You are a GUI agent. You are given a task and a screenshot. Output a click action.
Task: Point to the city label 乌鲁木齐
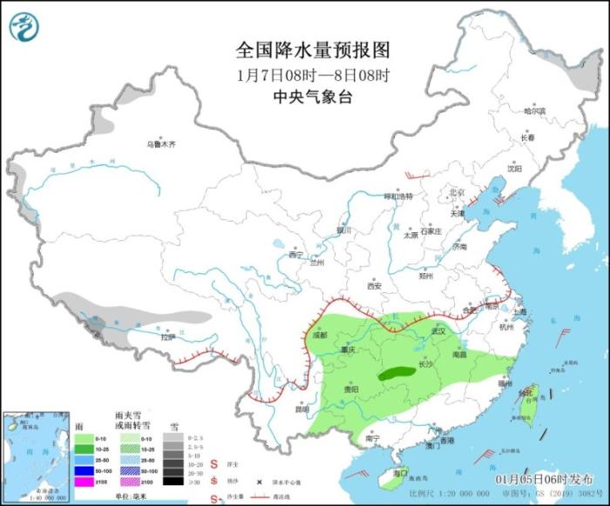coord(161,144)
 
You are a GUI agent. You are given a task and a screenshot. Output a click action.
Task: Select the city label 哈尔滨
coord(533,112)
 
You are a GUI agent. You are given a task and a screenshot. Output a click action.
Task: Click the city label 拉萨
coord(168,337)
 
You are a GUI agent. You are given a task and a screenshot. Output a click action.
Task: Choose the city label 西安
coord(374,285)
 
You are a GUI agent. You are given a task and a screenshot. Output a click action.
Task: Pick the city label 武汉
coord(438,332)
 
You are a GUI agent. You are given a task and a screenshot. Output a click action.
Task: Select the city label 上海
coord(521,311)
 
